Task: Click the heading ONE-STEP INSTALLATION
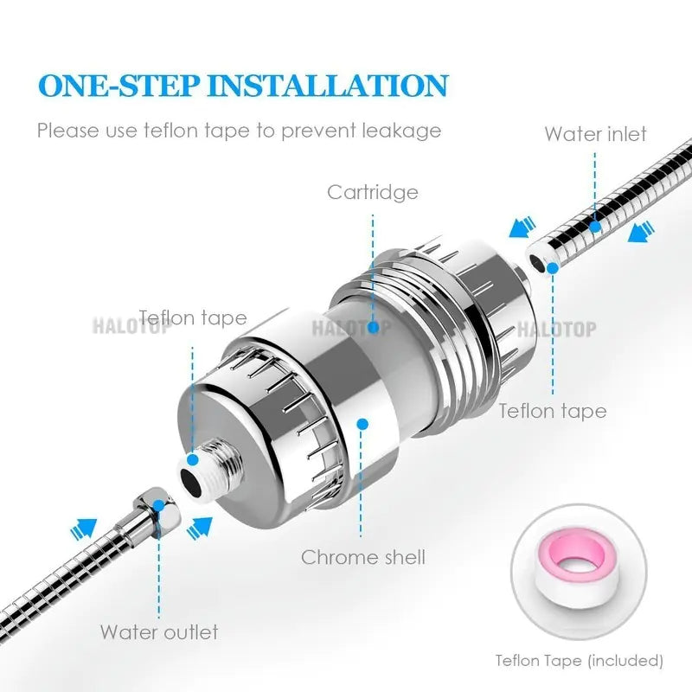click(x=243, y=85)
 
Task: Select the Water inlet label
click(x=595, y=134)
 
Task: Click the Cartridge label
click(x=372, y=191)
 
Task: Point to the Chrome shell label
click(x=363, y=556)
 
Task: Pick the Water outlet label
click(x=159, y=631)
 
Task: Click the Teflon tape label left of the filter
click(x=193, y=318)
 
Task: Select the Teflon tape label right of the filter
click(x=552, y=410)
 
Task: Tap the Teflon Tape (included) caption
click(x=580, y=661)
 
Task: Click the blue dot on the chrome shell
click(x=362, y=424)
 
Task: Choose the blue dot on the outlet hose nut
click(x=158, y=503)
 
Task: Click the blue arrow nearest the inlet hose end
click(x=520, y=228)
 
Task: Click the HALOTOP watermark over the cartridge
click(x=349, y=328)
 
